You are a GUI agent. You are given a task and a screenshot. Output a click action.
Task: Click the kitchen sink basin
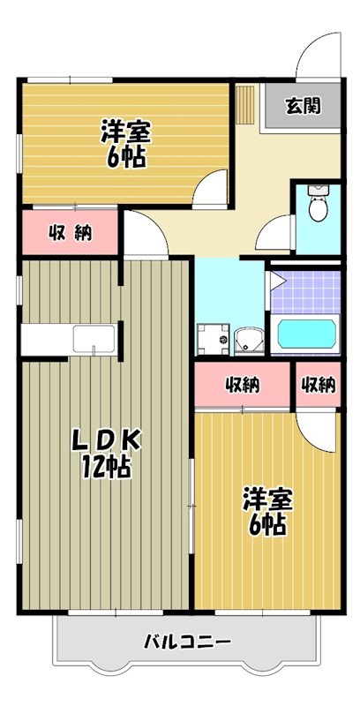pyautogui.click(x=94, y=339)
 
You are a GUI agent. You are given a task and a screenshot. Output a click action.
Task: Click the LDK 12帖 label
pyautogui.click(x=107, y=454)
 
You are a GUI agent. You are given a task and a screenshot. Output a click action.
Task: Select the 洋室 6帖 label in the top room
pyautogui.click(x=125, y=143)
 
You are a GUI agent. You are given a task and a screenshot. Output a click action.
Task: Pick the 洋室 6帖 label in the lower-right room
pyautogui.click(x=267, y=511)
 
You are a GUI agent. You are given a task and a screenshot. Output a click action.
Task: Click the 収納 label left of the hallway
pyautogui.click(x=71, y=232)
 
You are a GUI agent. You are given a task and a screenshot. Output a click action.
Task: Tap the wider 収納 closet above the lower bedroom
pyautogui.click(x=243, y=385)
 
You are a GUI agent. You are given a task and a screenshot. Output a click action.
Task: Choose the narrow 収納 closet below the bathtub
pyautogui.click(x=319, y=385)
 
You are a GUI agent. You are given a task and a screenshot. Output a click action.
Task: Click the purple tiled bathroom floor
pyautogui.click(x=306, y=292)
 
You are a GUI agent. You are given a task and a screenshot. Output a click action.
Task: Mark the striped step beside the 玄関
pyautogui.click(x=245, y=104)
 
